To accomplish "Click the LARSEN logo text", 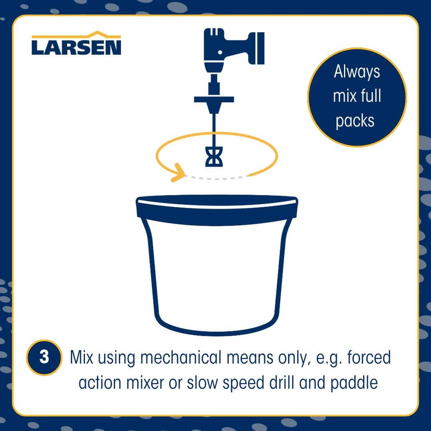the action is [77, 48].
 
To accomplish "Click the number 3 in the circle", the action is [44, 357].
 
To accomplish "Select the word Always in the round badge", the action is [357, 72].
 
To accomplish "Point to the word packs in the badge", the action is [355, 121].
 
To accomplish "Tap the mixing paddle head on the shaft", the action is [214, 157].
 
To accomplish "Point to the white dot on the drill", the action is [220, 52].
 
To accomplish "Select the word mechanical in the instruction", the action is [181, 358].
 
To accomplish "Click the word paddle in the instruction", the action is [354, 383].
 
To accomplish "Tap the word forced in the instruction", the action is [369, 357].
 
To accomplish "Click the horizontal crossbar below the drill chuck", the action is [214, 99].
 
